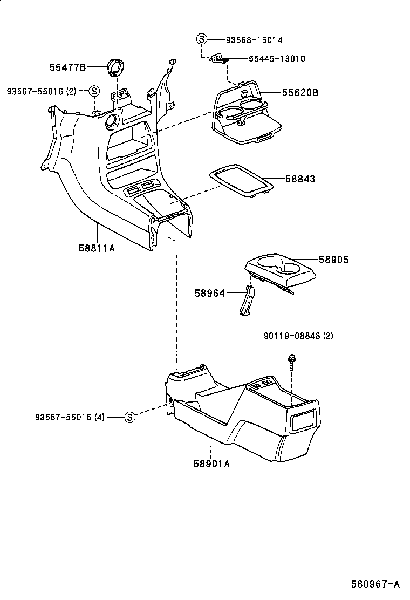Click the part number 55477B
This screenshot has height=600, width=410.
coord(67,67)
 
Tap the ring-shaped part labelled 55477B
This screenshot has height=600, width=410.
coord(115,67)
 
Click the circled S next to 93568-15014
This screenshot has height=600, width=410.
coord(201,39)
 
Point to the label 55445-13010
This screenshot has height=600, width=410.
coord(277,58)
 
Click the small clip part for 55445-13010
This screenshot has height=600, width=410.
coord(219,58)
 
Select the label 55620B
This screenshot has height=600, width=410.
coord(299,92)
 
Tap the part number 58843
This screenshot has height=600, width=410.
coord(298,179)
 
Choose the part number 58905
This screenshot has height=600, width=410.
coord(333,260)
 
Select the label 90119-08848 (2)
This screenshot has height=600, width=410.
coord(298,336)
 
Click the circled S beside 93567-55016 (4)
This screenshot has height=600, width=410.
coord(129,417)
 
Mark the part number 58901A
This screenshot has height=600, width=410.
coord(211,463)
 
